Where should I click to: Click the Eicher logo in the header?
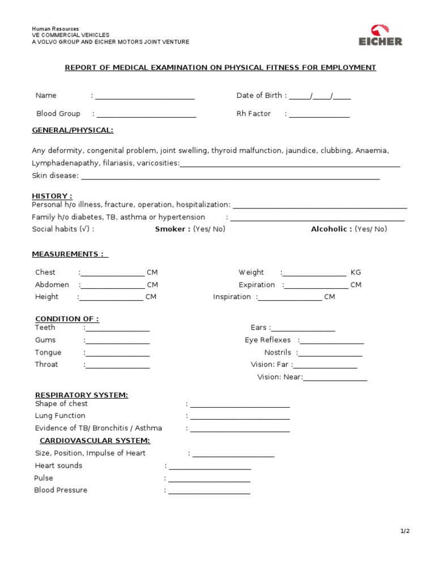click(380, 35)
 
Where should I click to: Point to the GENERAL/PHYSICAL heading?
click(72, 130)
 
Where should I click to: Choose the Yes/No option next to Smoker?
click(209, 229)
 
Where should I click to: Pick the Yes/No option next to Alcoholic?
click(371, 229)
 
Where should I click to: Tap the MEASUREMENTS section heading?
click(70, 254)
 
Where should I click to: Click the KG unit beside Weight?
click(356, 272)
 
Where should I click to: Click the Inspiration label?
click(232, 297)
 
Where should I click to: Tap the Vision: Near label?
click(280, 377)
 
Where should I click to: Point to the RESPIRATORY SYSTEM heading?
click(82, 395)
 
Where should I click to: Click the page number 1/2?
click(404, 531)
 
